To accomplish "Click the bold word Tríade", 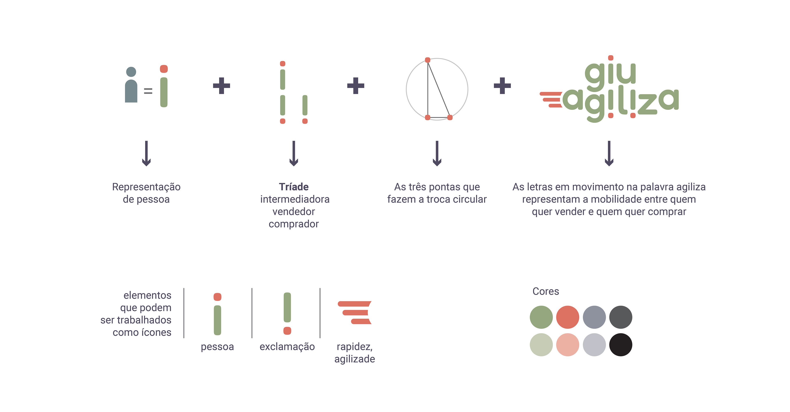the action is coord(294,187).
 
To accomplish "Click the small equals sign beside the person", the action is coord(148,91).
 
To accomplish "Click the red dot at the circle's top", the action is coord(428,60).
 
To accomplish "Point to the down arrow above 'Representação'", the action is coord(146,153).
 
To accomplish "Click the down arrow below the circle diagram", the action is coord(437,153).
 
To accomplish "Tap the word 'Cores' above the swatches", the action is coord(546,291).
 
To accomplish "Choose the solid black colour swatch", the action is coord(620,344).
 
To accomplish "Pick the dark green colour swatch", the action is coord(541,317).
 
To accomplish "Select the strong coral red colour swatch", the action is coord(567,317).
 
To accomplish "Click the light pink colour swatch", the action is coord(567,344).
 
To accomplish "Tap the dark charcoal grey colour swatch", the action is coord(620,317).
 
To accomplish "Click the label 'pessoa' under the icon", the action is coord(217,347).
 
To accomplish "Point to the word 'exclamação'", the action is coord(287,347).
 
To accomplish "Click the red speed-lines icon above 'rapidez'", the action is coord(355,313).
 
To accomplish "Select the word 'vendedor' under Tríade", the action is coord(294,212).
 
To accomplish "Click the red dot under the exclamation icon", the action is coord(287,331).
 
